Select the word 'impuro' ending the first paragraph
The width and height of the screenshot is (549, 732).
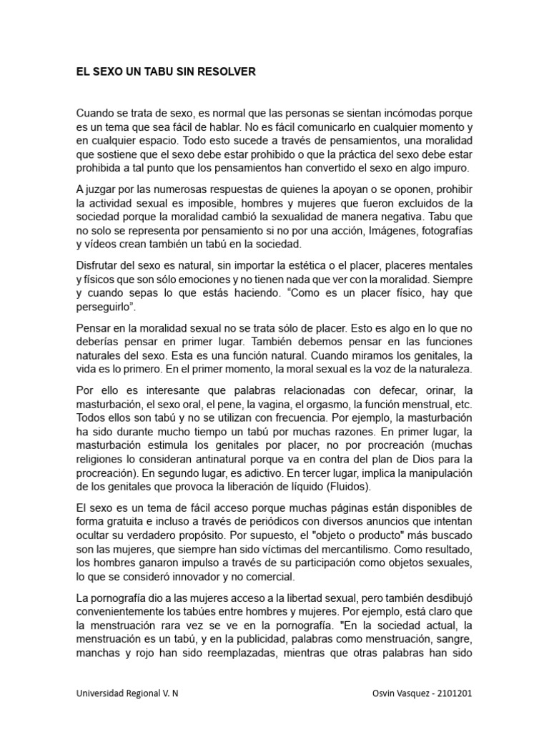point(449,169)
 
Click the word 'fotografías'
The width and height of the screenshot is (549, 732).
point(442,231)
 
